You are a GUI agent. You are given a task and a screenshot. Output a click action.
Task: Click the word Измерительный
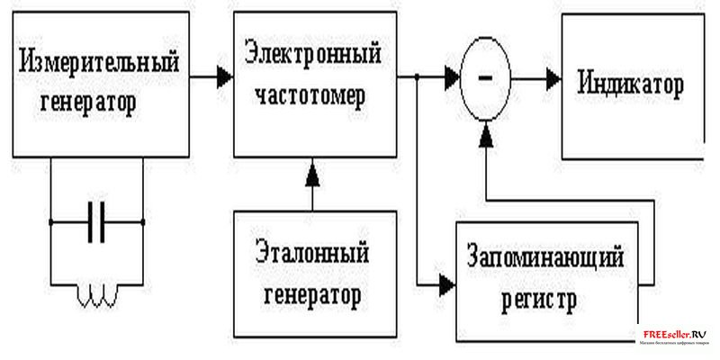98,65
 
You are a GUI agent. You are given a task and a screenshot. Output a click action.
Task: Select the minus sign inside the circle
486,78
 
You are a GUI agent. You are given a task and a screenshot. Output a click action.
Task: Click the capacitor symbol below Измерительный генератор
97,220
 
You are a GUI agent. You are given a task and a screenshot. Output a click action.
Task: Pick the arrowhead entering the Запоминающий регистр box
446,286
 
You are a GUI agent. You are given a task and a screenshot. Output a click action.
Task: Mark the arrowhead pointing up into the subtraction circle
486,135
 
